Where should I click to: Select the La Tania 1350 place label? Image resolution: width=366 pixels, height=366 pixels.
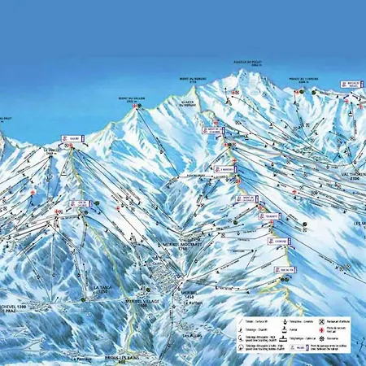[x=102, y=290]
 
